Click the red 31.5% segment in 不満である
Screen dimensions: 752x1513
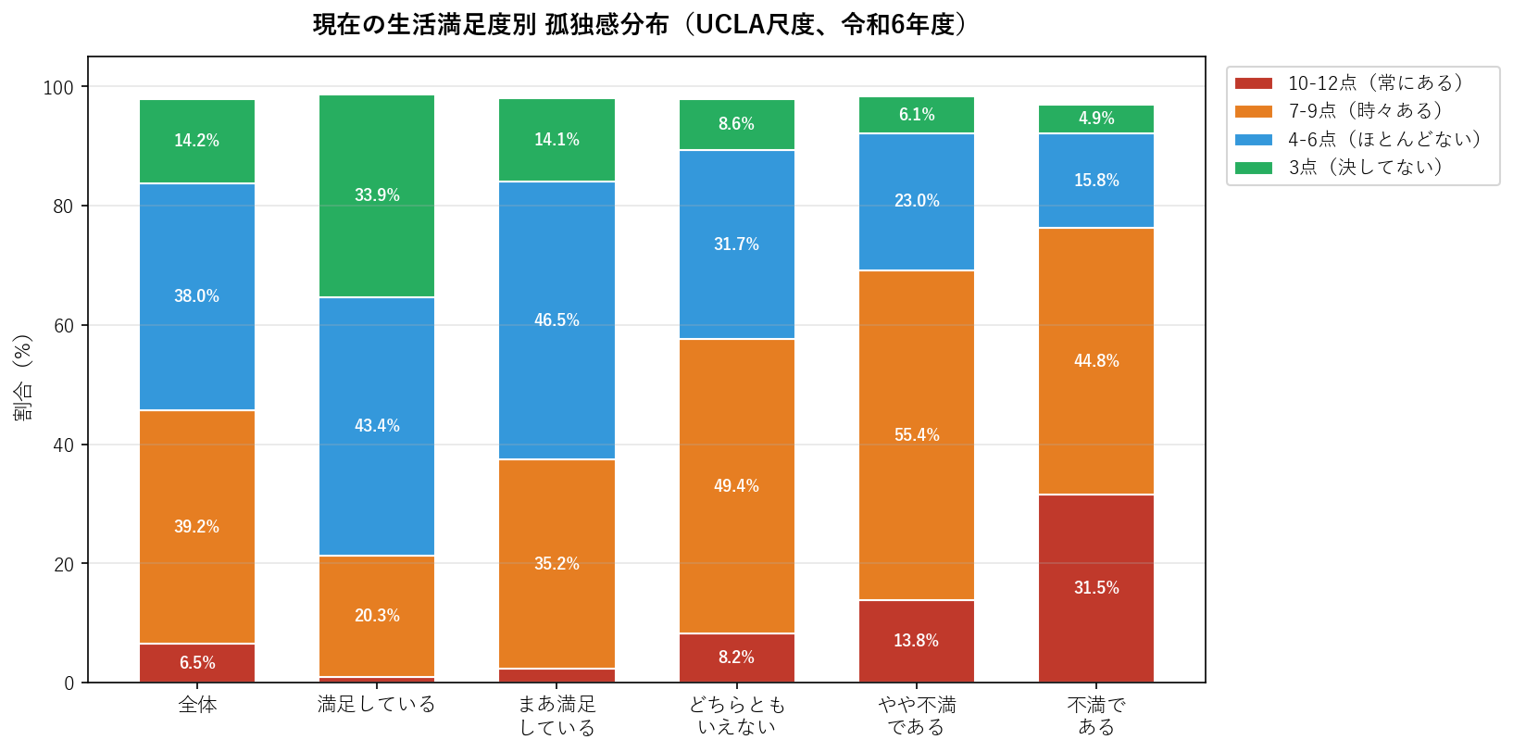(x=1096, y=588)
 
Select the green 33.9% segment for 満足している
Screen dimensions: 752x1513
(x=377, y=195)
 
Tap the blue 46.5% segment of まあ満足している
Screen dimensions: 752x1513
(x=556, y=320)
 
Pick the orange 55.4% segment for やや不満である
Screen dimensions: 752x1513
(x=917, y=435)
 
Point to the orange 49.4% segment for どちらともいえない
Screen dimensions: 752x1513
(x=736, y=486)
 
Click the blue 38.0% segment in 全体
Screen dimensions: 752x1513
(x=197, y=296)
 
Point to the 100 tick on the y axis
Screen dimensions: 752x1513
(x=58, y=87)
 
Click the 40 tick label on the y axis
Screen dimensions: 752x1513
(x=63, y=445)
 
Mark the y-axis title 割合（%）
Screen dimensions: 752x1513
(x=23, y=377)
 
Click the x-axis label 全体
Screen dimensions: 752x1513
(x=197, y=706)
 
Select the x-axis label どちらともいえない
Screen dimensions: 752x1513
(x=736, y=716)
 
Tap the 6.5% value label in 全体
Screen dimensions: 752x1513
(x=197, y=663)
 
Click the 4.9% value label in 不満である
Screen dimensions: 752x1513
(x=1096, y=119)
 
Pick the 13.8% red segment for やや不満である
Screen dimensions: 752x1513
(x=917, y=641)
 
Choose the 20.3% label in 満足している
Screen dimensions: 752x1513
(x=377, y=616)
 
